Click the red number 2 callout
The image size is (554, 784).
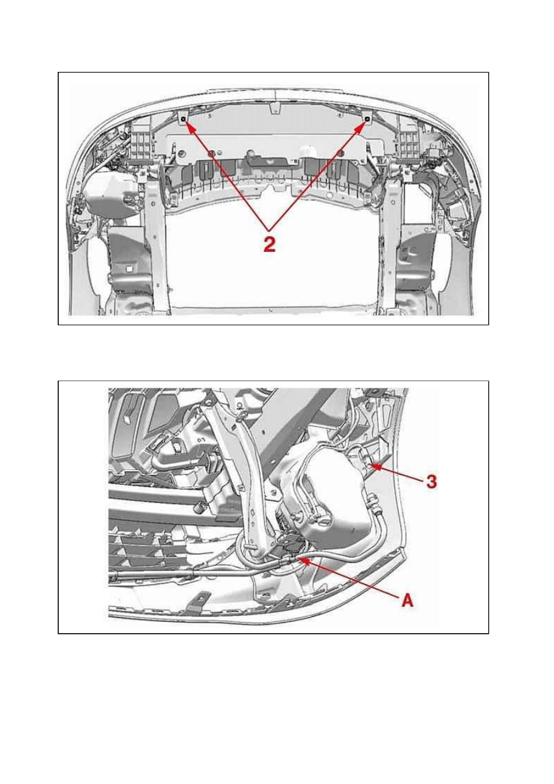(269, 244)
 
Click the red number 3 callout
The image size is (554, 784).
(432, 482)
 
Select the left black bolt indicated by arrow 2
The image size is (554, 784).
(183, 120)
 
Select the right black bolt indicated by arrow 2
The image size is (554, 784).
(367, 120)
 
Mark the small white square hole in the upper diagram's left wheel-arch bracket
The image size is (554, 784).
(128, 268)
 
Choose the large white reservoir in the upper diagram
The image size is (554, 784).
(109, 194)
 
